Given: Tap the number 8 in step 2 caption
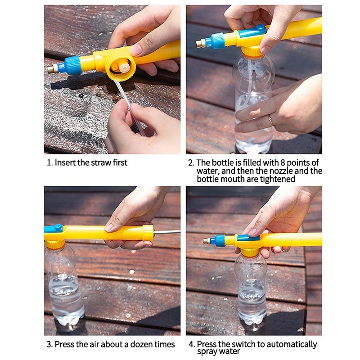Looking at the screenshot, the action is pyautogui.click(x=283, y=162).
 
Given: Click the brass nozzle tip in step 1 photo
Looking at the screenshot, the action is pyautogui.click(x=52, y=68).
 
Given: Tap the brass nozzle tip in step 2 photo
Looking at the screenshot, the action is pyautogui.click(x=200, y=43).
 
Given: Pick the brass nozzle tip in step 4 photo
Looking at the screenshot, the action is pyautogui.click(x=207, y=241).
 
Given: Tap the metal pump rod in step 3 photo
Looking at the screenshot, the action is pyautogui.click(x=167, y=232).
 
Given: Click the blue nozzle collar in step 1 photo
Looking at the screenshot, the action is pyautogui.click(x=72, y=65).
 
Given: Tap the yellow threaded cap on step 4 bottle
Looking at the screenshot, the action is pyautogui.click(x=250, y=252).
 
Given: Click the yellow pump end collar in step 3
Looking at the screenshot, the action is pyautogui.click(x=148, y=233).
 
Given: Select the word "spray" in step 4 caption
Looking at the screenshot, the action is pyautogui.click(x=207, y=352).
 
